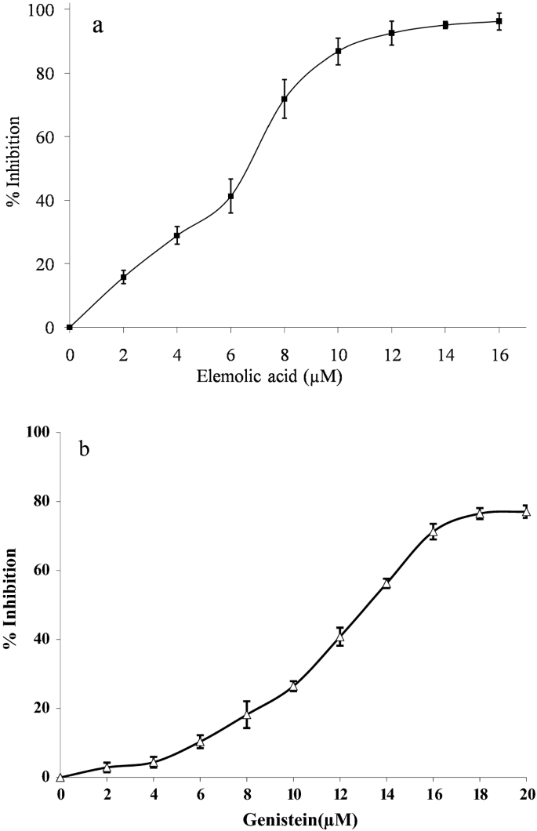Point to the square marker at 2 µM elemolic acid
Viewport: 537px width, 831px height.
pyautogui.click(x=123, y=277)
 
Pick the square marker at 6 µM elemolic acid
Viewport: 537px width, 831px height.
pyautogui.click(x=230, y=196)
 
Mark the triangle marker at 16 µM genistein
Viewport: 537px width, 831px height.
pyautogui.click(x=433, y=532)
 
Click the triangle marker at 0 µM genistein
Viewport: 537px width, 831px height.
pyautogui.click(x=61, y=777)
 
